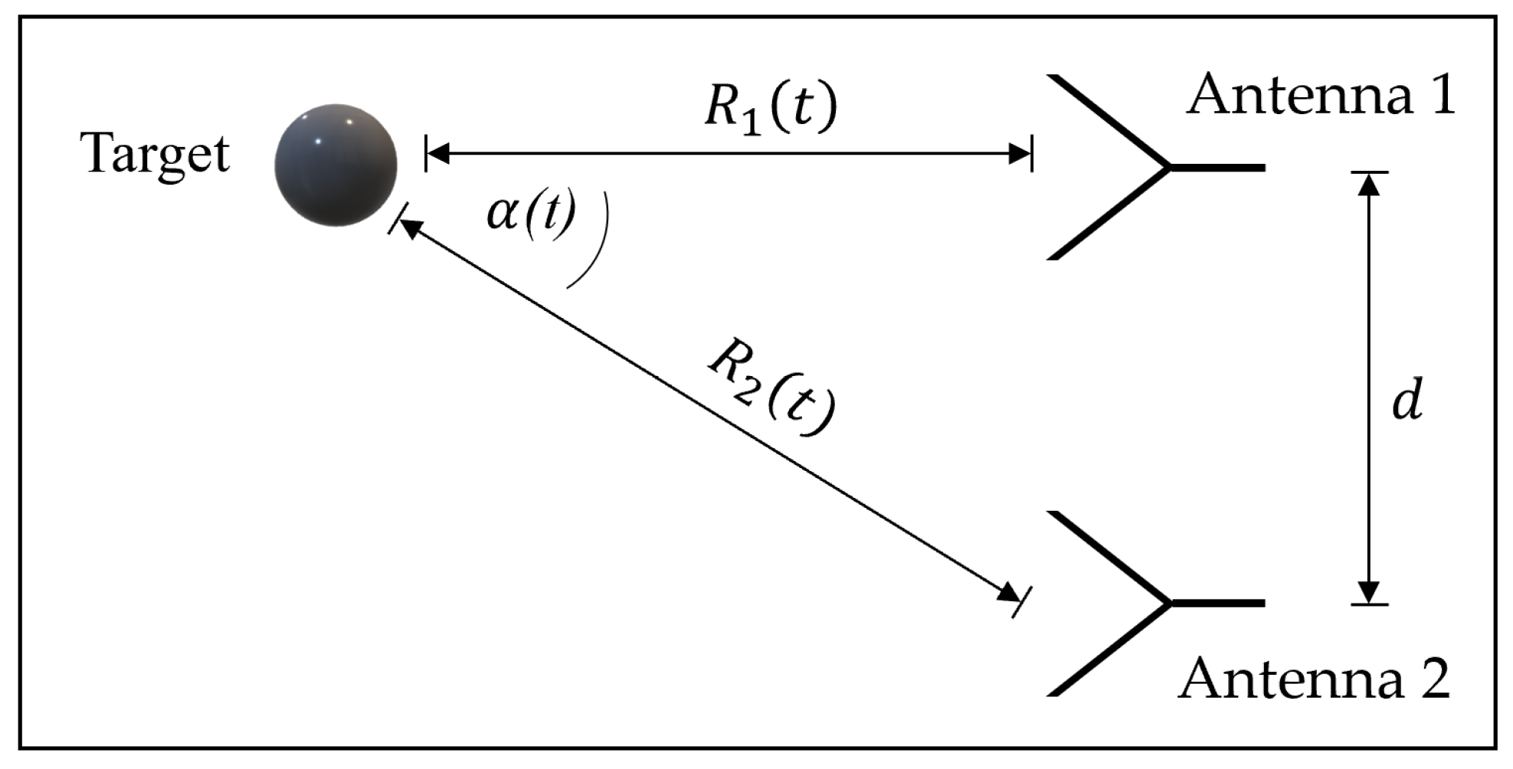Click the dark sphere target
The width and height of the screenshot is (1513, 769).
336,165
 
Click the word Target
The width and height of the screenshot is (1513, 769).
155,155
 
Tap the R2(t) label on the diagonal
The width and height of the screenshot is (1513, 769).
770,387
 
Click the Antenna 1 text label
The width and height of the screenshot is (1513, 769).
1320,95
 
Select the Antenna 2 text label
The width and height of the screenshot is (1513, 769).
1313,679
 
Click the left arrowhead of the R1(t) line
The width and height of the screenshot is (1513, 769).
437,154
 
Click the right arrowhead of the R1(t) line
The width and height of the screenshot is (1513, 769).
1020,154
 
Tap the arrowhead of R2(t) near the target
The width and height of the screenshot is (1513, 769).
409,227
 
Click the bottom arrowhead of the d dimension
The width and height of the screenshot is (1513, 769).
1369,592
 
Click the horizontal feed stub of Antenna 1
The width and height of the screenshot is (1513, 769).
1218,167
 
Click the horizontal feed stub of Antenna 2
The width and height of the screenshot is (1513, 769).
1218,604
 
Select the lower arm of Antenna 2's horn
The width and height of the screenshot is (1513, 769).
1107,651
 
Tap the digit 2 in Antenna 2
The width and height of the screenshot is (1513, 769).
1429,679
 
